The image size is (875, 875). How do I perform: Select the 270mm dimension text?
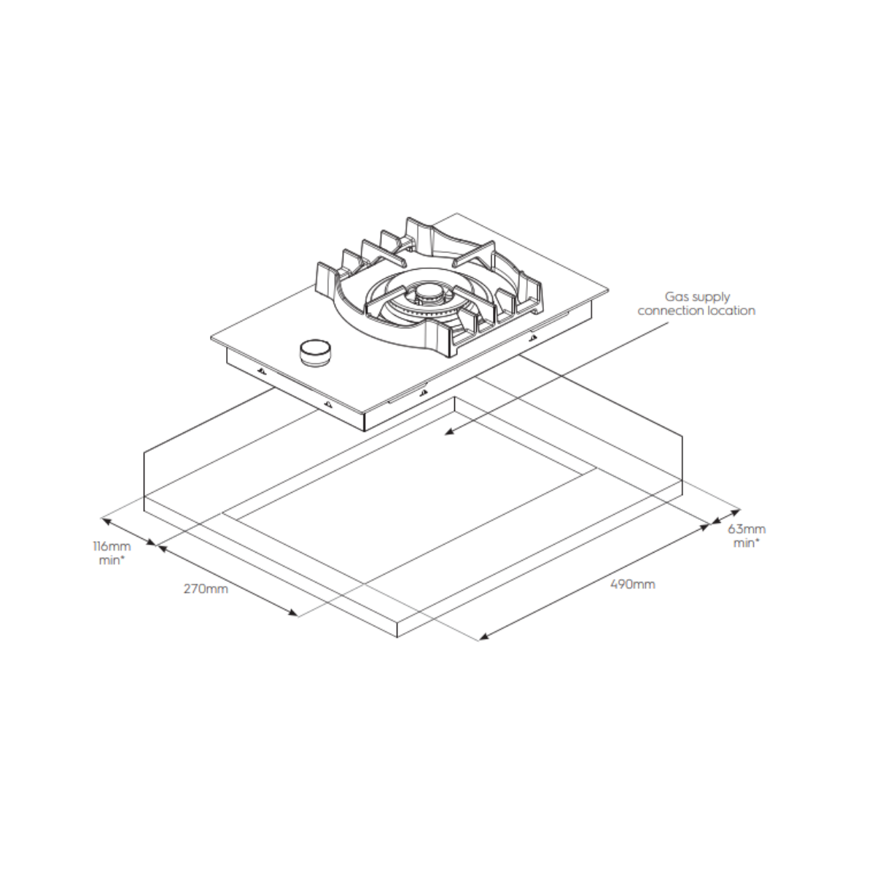(206, 588)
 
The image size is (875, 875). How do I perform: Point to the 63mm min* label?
(747, 536)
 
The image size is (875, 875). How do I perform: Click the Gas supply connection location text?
(696, 304)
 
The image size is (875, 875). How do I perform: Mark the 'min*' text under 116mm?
(111, 561)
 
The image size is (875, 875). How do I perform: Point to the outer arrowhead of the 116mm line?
(105, 521)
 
